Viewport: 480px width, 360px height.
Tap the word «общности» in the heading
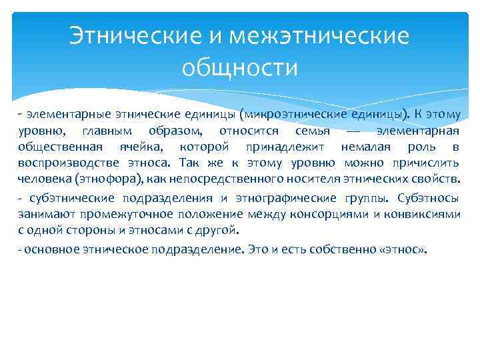(239, 67)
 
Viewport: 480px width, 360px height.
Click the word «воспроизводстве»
(61, 163)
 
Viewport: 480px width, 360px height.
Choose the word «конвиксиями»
(427, 214)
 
